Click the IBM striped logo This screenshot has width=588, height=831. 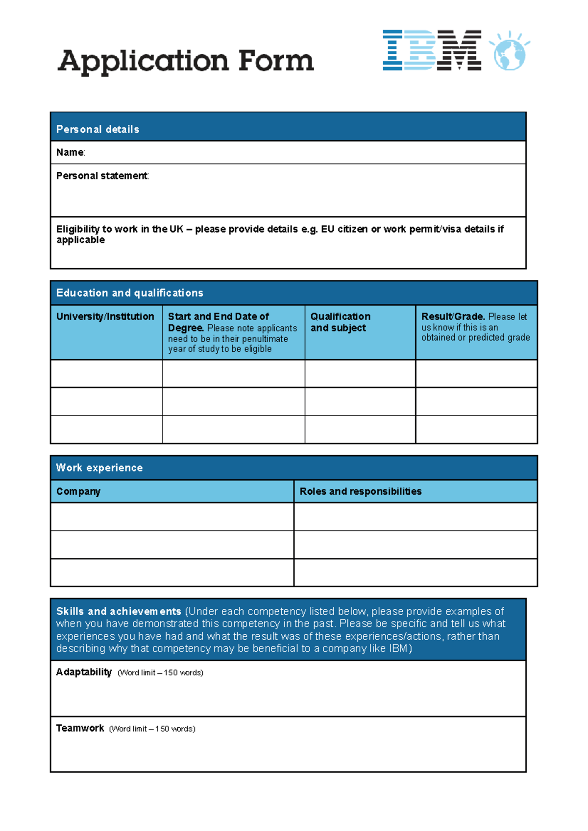(x=431, y=50)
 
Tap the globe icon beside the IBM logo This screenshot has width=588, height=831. (x=510, y=52)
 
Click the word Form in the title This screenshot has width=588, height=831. (x=276, y=61)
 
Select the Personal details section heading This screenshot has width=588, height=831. (x=98, y=129)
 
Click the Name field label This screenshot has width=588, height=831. (x=70, y=153)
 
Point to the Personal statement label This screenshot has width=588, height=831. (x=102, y=176)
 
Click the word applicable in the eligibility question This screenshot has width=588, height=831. (x=80, y=240)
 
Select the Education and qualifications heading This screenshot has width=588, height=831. (x=129, y=293)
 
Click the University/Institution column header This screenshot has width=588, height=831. (x=105, y=317)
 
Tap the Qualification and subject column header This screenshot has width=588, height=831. (x=340, y=322)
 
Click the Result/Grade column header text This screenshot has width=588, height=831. (x=453, y=317)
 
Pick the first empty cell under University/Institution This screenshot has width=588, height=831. (x=106, y=373)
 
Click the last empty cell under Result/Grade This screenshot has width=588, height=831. (x=476, y=429)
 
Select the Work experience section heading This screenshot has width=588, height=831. (x=99, y=467)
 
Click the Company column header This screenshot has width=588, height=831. (x=78, y=491)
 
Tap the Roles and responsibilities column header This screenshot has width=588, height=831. (x=360, y=491)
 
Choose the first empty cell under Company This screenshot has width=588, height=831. (x=172, y=516)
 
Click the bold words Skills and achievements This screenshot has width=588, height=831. (x=118, y=611)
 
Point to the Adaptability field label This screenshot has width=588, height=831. (x=84, y=672)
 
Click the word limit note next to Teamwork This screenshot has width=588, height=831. (x=152, y=729)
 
